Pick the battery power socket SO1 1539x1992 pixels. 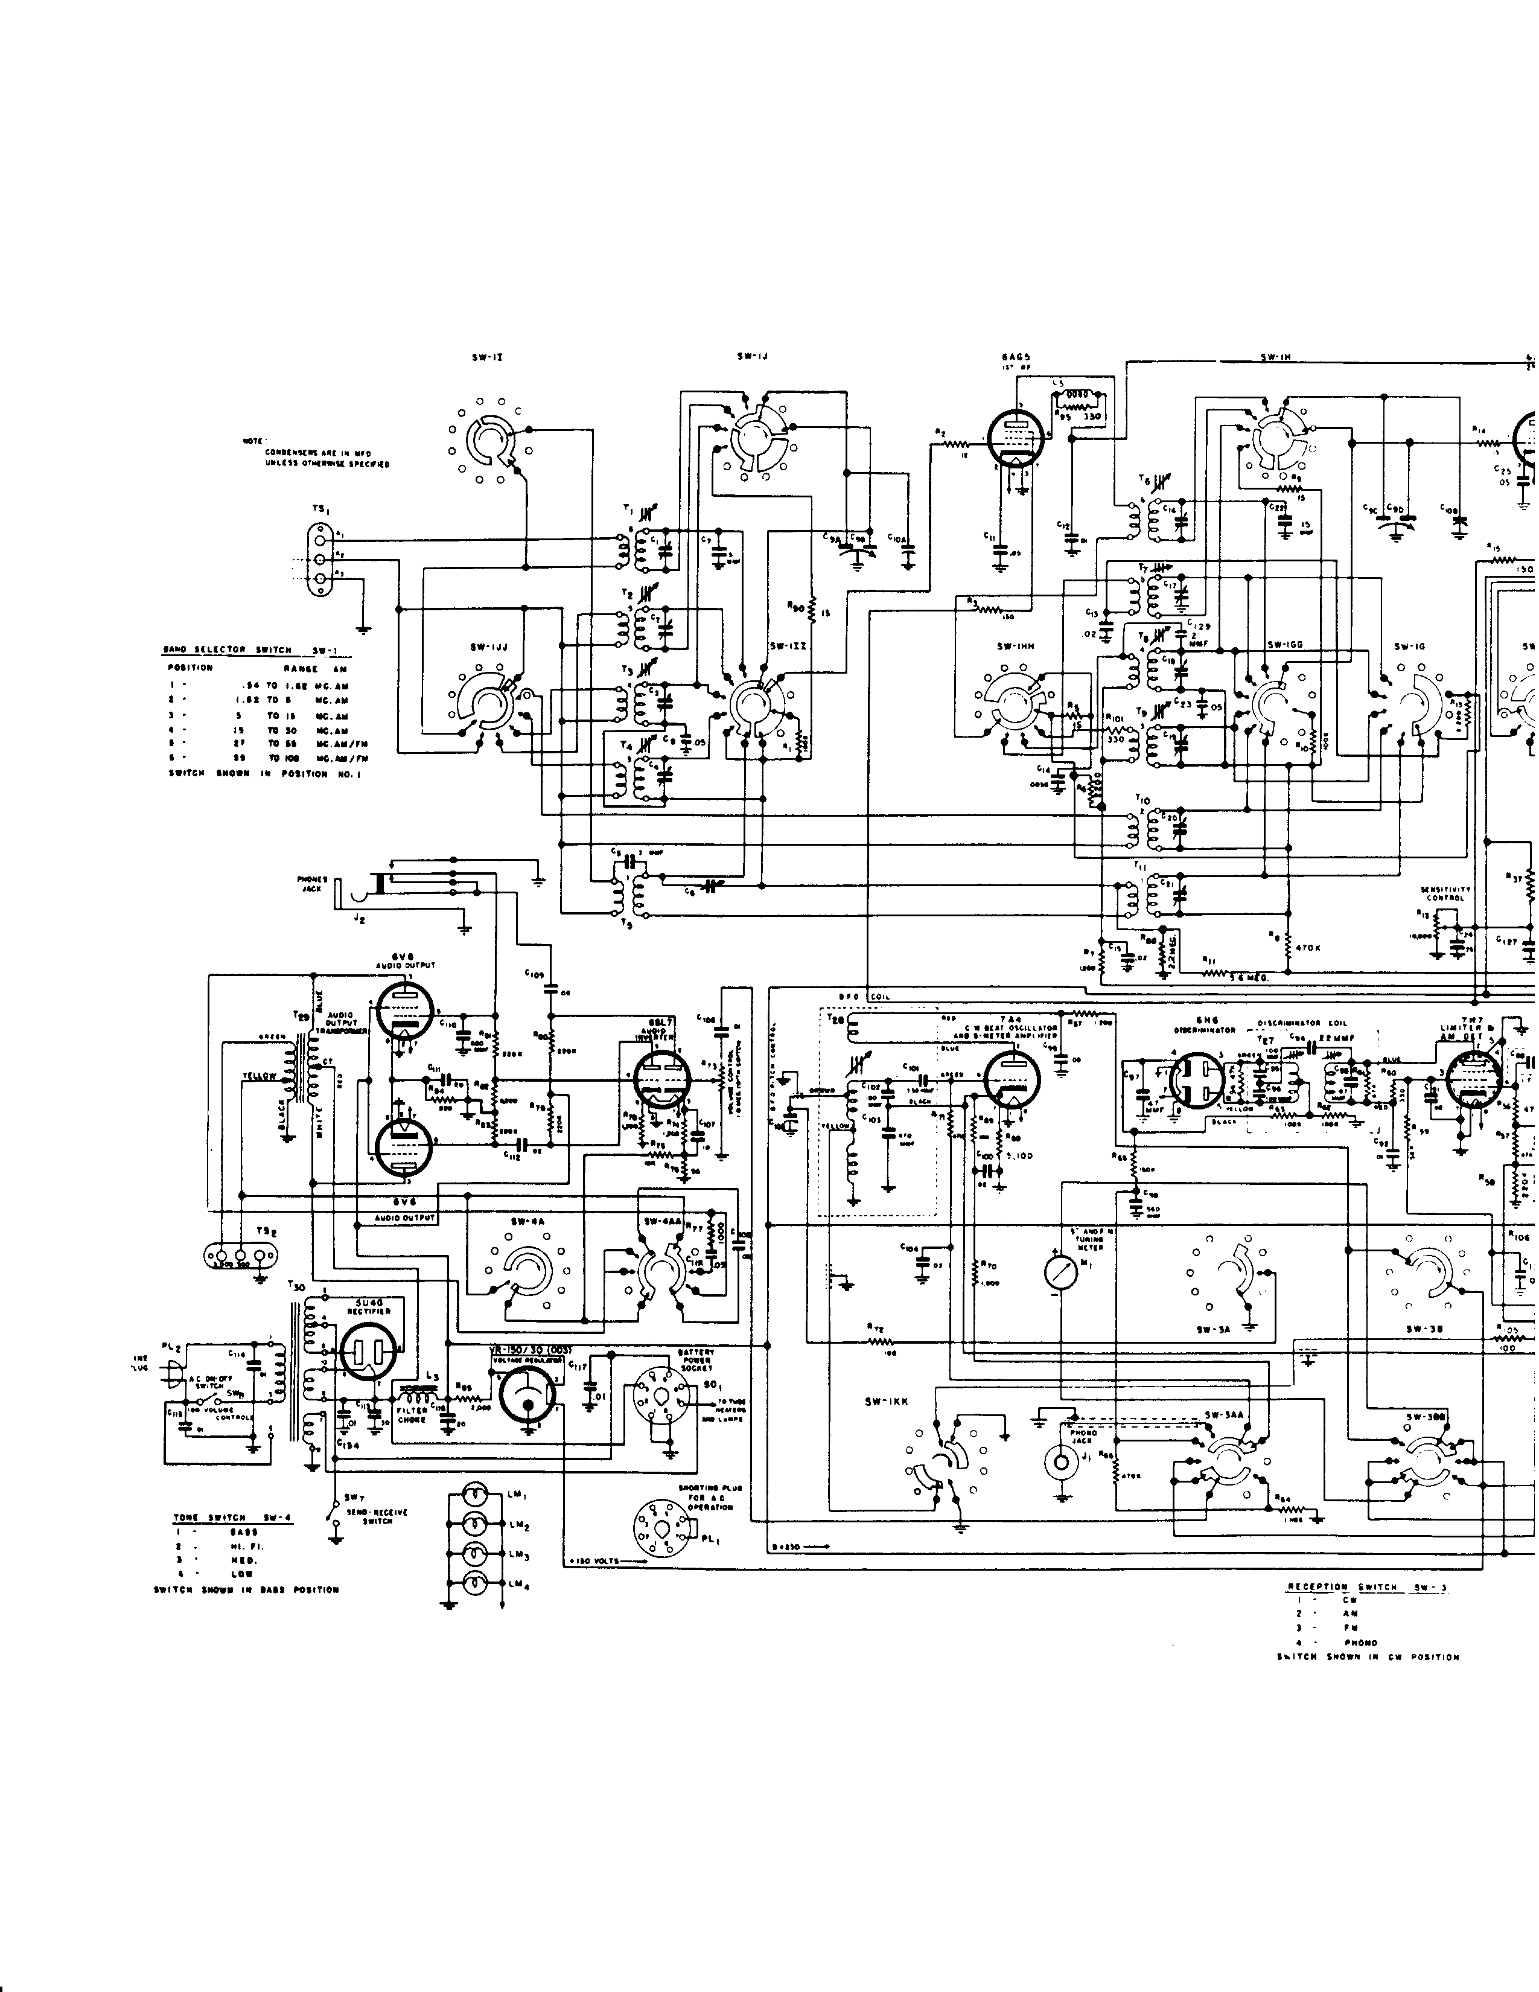point(654,1398)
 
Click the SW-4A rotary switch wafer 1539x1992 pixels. point(524,1268)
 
